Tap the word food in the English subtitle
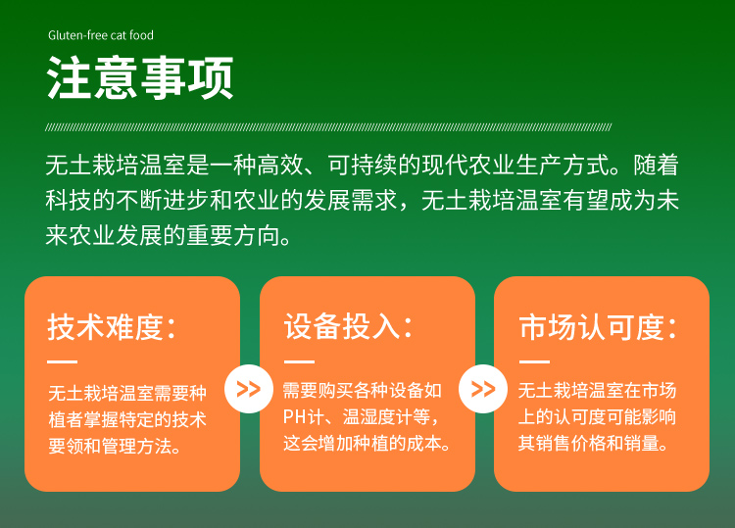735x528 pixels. click(x=141, y=35)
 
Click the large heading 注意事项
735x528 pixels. click(x=140, y=77)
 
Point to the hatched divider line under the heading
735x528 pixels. click(x=328, y=127)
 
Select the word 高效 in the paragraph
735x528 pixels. click(x=280, y=165)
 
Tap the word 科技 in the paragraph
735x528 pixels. click(x=69, y=200)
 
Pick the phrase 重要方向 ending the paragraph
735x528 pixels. click(x=232, y=235)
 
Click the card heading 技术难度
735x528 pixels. click(x=105, y=326)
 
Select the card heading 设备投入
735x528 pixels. click(x=342, y=326)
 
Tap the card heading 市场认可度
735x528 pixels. click(x=592, y=326)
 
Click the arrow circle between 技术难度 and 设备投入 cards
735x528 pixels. click(x=249, y=389)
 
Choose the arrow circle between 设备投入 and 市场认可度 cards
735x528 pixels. click(x=483, y=389)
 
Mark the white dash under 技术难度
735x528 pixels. click(x=62, y=361)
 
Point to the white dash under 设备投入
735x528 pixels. click(x=299, y=361)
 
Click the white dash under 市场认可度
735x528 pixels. click(x=534, y=361)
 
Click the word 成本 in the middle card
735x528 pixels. click(x=423, y=443)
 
